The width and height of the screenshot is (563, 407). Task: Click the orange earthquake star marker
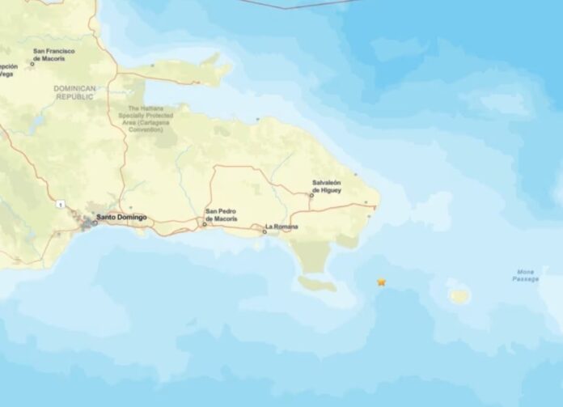[x=381, y=282]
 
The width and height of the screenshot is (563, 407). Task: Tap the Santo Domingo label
[x=121, y=217]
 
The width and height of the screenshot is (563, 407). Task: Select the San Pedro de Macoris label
[x=220, y=215]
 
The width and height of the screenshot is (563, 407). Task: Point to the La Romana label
[x=281, y=227]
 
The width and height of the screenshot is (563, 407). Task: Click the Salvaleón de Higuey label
[x=327, y=187]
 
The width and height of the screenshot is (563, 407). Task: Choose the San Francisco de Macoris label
[x=54, y=53]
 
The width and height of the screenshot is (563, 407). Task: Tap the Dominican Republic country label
[x=74, y=92]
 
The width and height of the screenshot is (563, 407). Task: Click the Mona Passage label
[x=525, y=275]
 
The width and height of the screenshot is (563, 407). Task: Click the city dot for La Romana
[x=265, y=232]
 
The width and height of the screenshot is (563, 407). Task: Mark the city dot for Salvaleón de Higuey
[x=311, y=196]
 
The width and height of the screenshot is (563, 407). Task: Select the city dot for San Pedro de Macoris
[x=204, y=224]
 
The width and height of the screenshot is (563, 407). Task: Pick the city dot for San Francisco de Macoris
[x=33, y=63]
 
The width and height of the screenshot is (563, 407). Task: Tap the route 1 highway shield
[x=59, y=205]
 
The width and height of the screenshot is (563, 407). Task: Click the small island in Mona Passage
[x=459, y=295]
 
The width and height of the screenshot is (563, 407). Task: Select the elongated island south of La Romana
[x=317, y=283]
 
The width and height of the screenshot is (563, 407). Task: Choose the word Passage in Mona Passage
[x=525, y=279]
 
